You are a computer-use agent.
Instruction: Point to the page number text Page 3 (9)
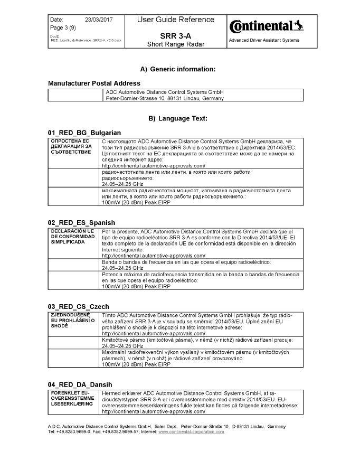[62, 27]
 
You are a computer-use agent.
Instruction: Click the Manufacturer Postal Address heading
[94, 83]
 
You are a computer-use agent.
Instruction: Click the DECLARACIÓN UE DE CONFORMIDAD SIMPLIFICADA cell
[72, 236]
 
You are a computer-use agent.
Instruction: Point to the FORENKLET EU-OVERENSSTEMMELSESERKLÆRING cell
[73, 398]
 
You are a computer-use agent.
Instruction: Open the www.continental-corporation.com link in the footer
[191, 431]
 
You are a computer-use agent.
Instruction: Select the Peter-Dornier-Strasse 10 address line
[165, 98]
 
